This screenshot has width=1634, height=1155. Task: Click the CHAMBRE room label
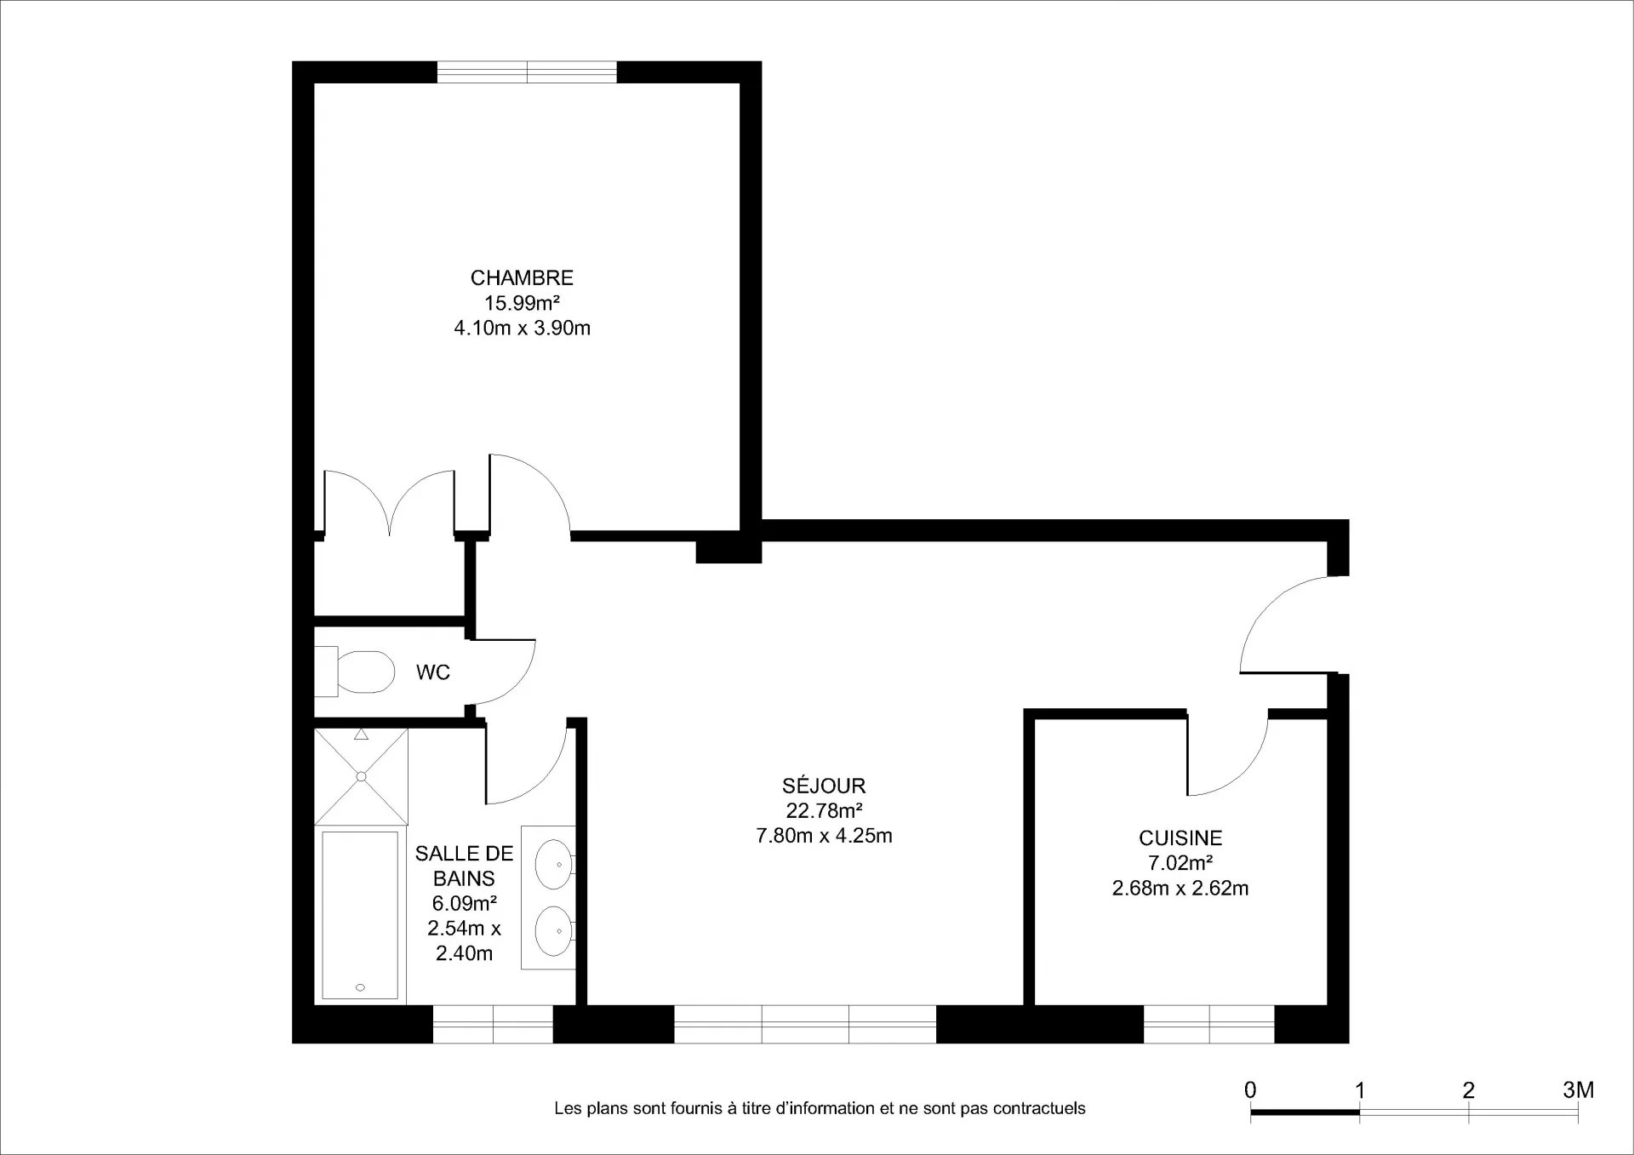[522, 277]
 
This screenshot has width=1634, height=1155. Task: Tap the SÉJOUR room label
[824, 786]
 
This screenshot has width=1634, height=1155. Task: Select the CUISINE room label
[1180, 838]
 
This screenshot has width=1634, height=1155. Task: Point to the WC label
[432, 672]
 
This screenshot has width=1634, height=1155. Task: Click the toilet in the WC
[355, 672]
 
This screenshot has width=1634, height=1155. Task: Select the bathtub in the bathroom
[360, 915]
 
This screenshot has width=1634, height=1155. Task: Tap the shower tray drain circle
[361, 776]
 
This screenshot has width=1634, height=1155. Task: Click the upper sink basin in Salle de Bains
[553, 864]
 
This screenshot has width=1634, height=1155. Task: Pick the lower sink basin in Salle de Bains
[553, 931]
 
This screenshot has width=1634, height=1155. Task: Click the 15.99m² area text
[522, 303]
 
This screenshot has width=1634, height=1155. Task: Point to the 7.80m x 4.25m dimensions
[824, 836]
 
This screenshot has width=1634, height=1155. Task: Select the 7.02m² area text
[1180, 863]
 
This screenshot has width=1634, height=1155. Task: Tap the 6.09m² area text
[464, 903]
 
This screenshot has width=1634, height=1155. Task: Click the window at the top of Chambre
[527, 72]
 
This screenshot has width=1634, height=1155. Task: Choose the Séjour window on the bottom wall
[805, 1024]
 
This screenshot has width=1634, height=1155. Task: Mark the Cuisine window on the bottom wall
[1209, 1024]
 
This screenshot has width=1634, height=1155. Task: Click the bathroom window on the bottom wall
[493, 1024]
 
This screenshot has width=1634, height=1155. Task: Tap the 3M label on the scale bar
[1579, 1089]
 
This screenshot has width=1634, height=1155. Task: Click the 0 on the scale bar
[1250, 1089]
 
